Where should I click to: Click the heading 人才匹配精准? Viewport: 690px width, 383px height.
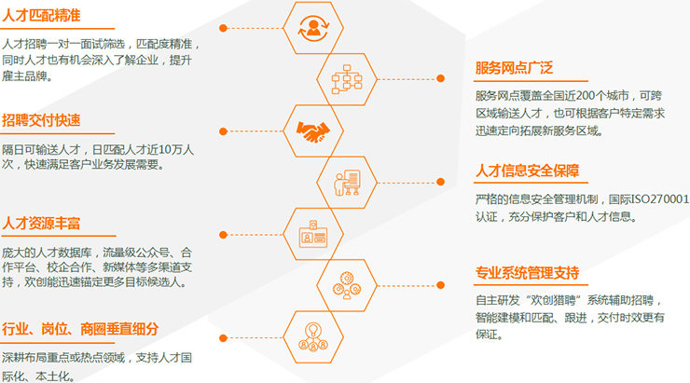[x=41, y=16]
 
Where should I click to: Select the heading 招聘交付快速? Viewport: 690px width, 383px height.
[x=41, y=120]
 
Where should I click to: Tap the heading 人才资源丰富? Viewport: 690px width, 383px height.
[x=41, y=224]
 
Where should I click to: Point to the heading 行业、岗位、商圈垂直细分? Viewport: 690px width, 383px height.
[x=80, y=329]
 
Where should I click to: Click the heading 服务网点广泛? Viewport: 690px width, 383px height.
[x=514, y=68]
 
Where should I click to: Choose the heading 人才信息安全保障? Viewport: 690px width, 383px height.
[x=527, y=171]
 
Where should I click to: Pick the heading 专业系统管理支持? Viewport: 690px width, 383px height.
[x=527, y=273]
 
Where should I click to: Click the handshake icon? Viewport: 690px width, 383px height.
[x=313, y=131]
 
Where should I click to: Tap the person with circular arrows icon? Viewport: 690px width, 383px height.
[x=313, y=28]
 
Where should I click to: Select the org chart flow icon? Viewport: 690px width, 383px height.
[x=347, y=79]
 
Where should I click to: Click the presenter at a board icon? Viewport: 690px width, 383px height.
[x=347, y=183]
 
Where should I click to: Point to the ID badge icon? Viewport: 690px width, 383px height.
[x=313, y=234]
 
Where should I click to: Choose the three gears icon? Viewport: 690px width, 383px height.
[x=347, y=285]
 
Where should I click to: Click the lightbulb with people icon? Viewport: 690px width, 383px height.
[x=313, y=336]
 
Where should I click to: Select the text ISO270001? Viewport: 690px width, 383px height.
[x=659, y=199]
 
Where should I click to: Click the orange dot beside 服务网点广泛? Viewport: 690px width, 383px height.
[x=440, y=78]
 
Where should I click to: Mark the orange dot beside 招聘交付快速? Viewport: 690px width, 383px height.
[x=223, y=131]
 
